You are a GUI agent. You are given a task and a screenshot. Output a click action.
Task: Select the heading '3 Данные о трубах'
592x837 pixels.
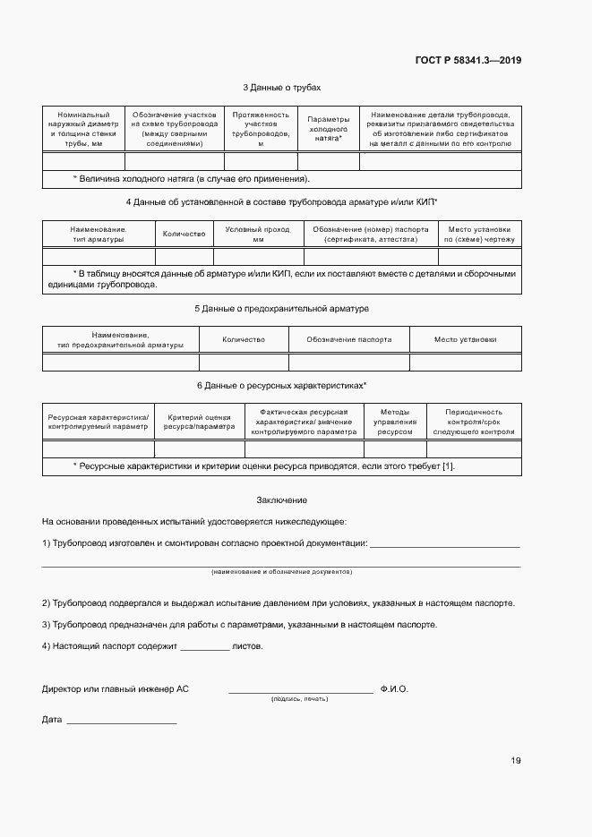coord(281,88)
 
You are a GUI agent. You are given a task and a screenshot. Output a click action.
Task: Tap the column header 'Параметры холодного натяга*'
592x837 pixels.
coord(328,129)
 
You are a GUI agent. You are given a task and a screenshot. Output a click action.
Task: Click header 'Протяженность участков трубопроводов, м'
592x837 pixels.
coord(261,129)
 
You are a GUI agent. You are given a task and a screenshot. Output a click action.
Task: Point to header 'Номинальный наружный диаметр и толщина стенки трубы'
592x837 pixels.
coord(83,129)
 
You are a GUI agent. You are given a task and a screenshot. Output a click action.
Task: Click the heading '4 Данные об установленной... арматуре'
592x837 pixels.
coord(281,203)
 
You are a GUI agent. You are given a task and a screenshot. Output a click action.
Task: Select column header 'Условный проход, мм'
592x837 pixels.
coord(259,235)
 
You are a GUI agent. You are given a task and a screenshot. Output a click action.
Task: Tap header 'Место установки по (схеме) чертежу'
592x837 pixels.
coord(479,235)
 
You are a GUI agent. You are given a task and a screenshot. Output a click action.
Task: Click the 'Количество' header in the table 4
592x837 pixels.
coord(184,235)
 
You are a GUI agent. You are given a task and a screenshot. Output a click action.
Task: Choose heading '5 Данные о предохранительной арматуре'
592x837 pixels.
coord(281,309)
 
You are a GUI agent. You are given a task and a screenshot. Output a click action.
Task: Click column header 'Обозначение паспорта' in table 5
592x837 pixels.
coord(348,340)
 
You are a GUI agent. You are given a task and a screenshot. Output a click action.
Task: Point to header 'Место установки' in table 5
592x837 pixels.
coord(465,340)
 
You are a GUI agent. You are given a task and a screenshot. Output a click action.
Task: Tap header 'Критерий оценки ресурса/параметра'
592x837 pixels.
coord(199,421)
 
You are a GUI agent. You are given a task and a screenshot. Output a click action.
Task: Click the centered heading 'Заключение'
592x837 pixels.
coord(281,500)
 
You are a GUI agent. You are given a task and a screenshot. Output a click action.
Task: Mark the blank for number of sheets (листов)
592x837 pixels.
coord(204,647)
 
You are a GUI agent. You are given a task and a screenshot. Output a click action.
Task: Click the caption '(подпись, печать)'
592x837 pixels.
coord(300,698)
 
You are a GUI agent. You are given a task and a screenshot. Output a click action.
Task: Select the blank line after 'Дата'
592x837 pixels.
coord(121,722)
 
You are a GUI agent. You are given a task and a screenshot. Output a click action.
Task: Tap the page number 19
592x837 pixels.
coord(515,761)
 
